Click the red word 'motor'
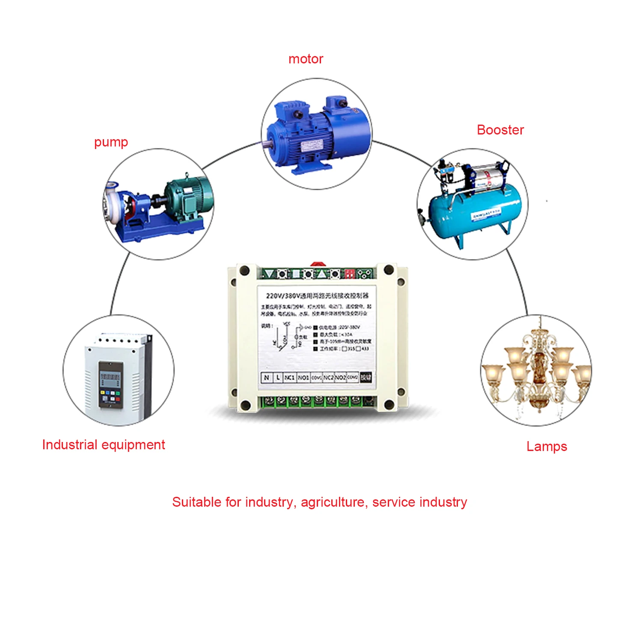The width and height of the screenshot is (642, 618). (306, 59)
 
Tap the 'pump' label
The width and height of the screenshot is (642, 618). (111, 142)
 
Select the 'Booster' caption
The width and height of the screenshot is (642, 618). (500, 130)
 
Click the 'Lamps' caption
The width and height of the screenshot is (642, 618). (547, 446)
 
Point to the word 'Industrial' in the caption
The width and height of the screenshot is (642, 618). (70, 445)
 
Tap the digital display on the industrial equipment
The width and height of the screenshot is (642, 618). (110, 379)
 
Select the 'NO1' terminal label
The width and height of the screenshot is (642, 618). (303, 377)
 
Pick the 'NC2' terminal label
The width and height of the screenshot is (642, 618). (328, 377)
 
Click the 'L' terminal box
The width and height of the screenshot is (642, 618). (278, 377)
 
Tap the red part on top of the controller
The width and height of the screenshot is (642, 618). (317, 264)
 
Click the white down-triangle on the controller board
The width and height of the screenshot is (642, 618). (269, 274)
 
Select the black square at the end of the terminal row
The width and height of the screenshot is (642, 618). (366, 377)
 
